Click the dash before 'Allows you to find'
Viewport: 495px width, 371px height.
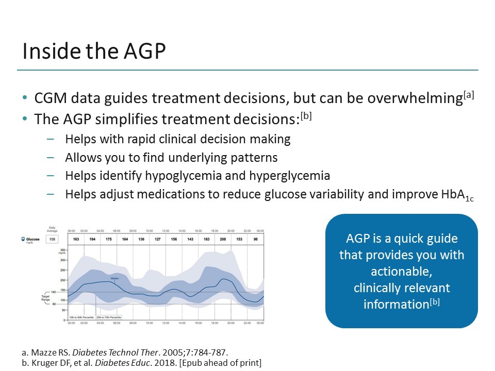coord(49,157)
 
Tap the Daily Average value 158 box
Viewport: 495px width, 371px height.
coord(52,240)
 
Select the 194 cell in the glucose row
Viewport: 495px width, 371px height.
coord(93,239)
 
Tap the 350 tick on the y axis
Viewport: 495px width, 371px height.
coord(64,249)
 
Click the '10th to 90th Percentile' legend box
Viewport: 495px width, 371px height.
coord(82,317)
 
